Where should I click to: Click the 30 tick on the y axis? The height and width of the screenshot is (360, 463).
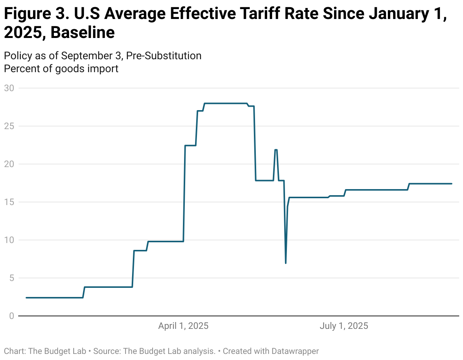[9, 88]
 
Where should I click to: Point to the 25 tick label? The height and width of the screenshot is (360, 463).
[9, 126]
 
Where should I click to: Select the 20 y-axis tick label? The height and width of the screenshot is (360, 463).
[9, 164]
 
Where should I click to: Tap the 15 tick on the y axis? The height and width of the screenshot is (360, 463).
[9, 202]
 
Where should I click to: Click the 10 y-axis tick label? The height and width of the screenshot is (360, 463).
[9, 240]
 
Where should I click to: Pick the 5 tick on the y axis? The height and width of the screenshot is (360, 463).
[11, 278]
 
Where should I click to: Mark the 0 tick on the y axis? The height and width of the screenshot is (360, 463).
[11, 316]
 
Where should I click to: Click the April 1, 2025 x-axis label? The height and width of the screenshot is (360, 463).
[183, 326]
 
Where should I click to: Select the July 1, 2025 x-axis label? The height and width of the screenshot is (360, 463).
[344, 326]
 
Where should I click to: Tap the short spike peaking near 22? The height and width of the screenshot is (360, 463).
[276, 150]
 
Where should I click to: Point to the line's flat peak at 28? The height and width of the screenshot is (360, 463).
[225, 103]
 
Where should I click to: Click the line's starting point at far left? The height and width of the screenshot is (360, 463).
[26, 298]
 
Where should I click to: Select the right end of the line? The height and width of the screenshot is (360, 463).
[452, 184]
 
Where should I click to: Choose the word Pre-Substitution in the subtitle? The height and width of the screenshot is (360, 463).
[164, 56]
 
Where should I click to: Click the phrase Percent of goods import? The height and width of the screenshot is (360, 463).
[61, 69]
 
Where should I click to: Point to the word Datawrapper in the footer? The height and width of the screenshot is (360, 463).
[295, 351]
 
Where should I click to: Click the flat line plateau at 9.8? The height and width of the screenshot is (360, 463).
[165, 242]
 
